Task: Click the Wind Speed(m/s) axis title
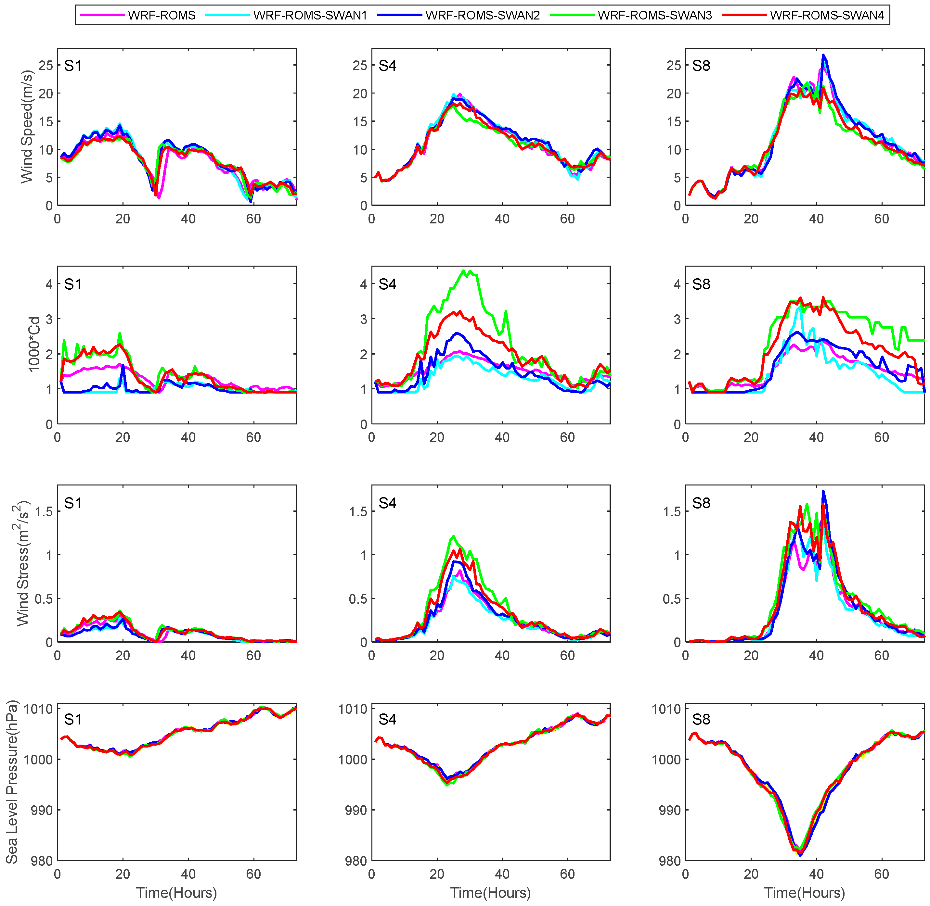(x=27, y=127)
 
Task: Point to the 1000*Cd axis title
(x=34, y=345)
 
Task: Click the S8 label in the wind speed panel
(x=701, y=66)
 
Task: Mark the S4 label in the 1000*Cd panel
(x=387, y=284)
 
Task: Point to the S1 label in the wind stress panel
(x=73, y=503)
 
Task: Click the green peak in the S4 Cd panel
(x=464, y=271)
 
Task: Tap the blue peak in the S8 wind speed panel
(x=823, y=55)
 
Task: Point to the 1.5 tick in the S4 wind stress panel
(x=358, y=511)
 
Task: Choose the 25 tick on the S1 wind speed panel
(x=46, y=65)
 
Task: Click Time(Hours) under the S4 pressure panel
(x=490, y=893)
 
